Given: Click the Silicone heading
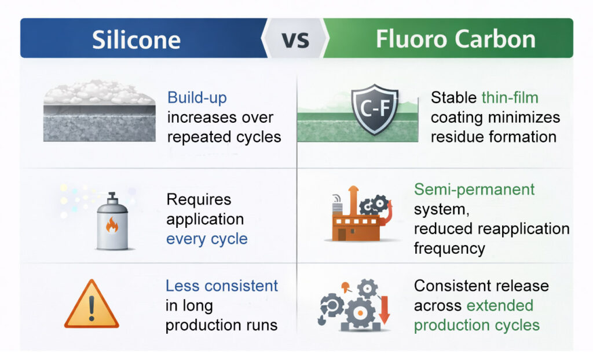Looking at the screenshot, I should [136, 39].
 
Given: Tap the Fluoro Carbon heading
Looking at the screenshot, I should [456, 39].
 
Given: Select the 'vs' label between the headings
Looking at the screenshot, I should [295, 39].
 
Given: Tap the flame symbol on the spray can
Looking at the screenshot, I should [112, 225].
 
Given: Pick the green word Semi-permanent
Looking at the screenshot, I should [474, 189].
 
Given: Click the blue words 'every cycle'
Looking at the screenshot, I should [207, 239].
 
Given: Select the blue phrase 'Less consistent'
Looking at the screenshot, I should [222, 286].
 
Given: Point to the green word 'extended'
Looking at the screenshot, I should [502, 305].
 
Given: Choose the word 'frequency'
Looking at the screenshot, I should [449, 248].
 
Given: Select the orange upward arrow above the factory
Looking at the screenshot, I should [353, 198].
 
